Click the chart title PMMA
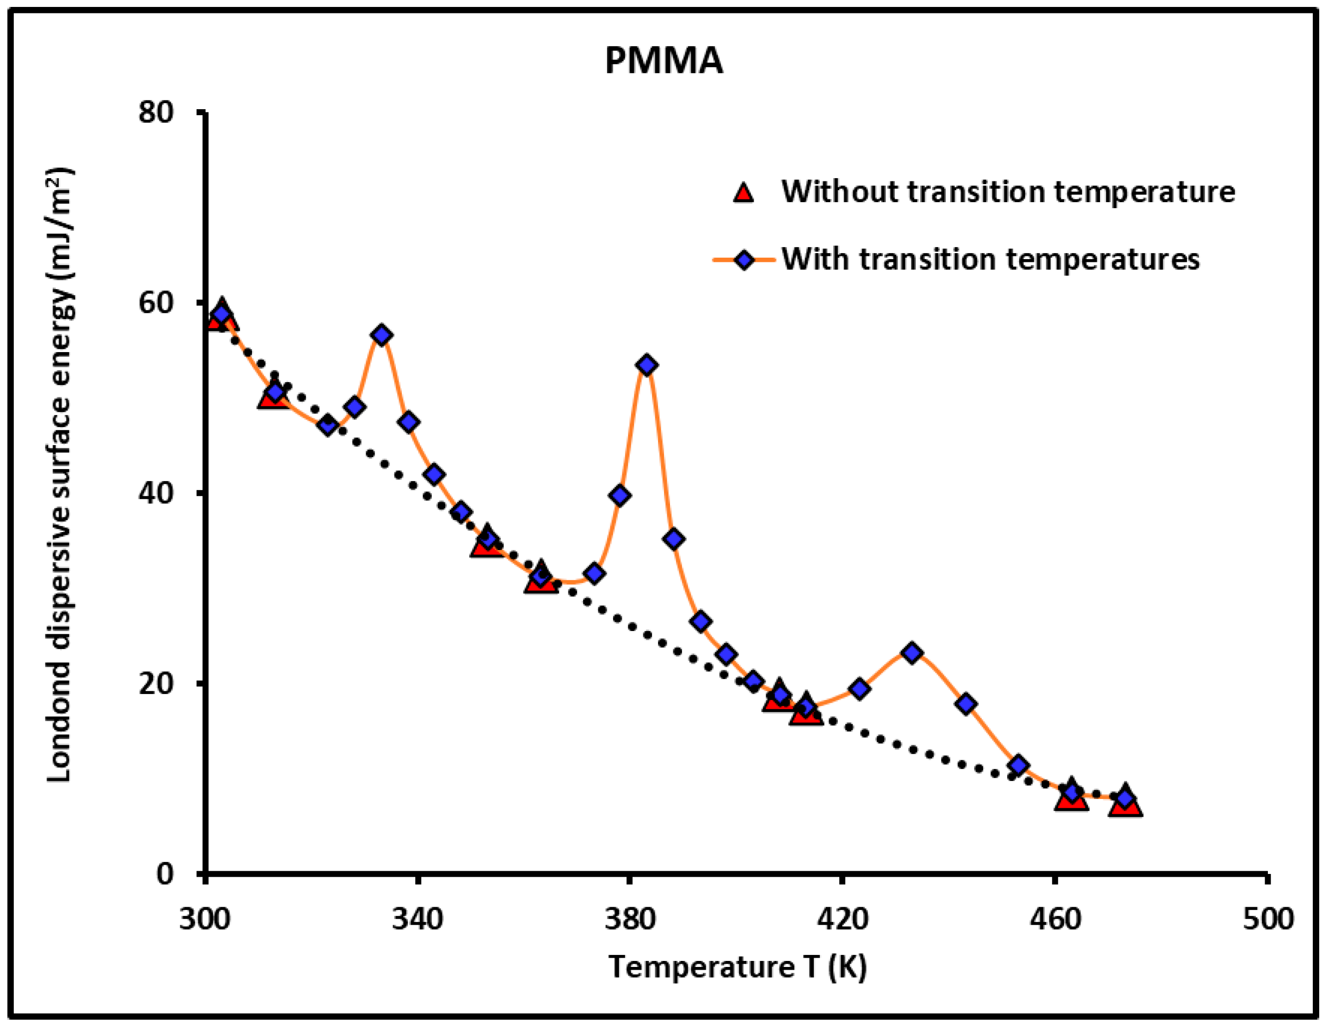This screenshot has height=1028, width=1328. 664,61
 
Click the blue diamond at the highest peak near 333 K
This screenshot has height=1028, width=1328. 382,335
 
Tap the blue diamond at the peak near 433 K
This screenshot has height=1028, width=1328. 911,653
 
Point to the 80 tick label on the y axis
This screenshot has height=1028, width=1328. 156,112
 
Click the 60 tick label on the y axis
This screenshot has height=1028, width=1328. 156,302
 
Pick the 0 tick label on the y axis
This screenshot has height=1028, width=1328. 165,873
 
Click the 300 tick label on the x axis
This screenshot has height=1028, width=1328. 205,918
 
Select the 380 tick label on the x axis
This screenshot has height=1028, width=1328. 630,918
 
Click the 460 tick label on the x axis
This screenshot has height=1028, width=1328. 1055,918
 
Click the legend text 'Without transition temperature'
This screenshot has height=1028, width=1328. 1008,192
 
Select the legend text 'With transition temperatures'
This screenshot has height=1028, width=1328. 990,259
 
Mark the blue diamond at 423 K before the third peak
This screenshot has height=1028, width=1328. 859,688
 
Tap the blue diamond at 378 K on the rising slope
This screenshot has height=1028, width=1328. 620,495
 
